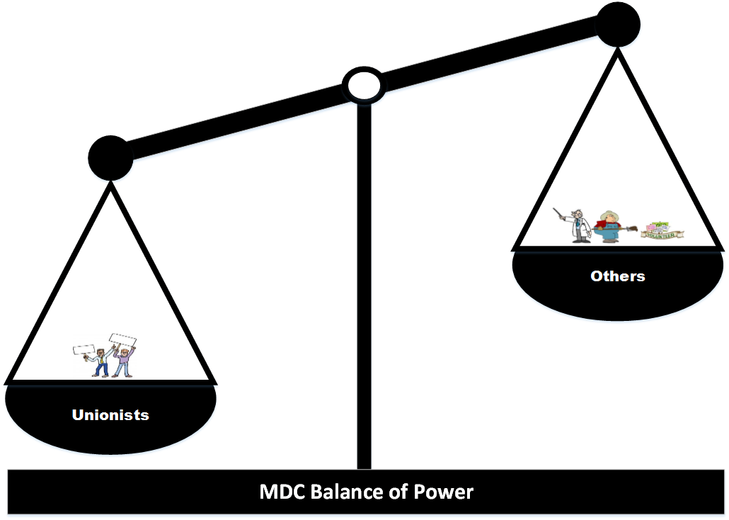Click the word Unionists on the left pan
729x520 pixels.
(x=110, y=414)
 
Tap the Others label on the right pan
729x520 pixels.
(x=618, y=276)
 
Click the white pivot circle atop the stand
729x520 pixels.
(x=362, y=85)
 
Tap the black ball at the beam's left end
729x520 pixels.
(x=110, y=157)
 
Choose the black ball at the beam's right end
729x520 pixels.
(x=619, y=25)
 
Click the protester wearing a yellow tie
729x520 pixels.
(x=101, y=362)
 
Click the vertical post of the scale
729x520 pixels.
(x=364, y=283)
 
